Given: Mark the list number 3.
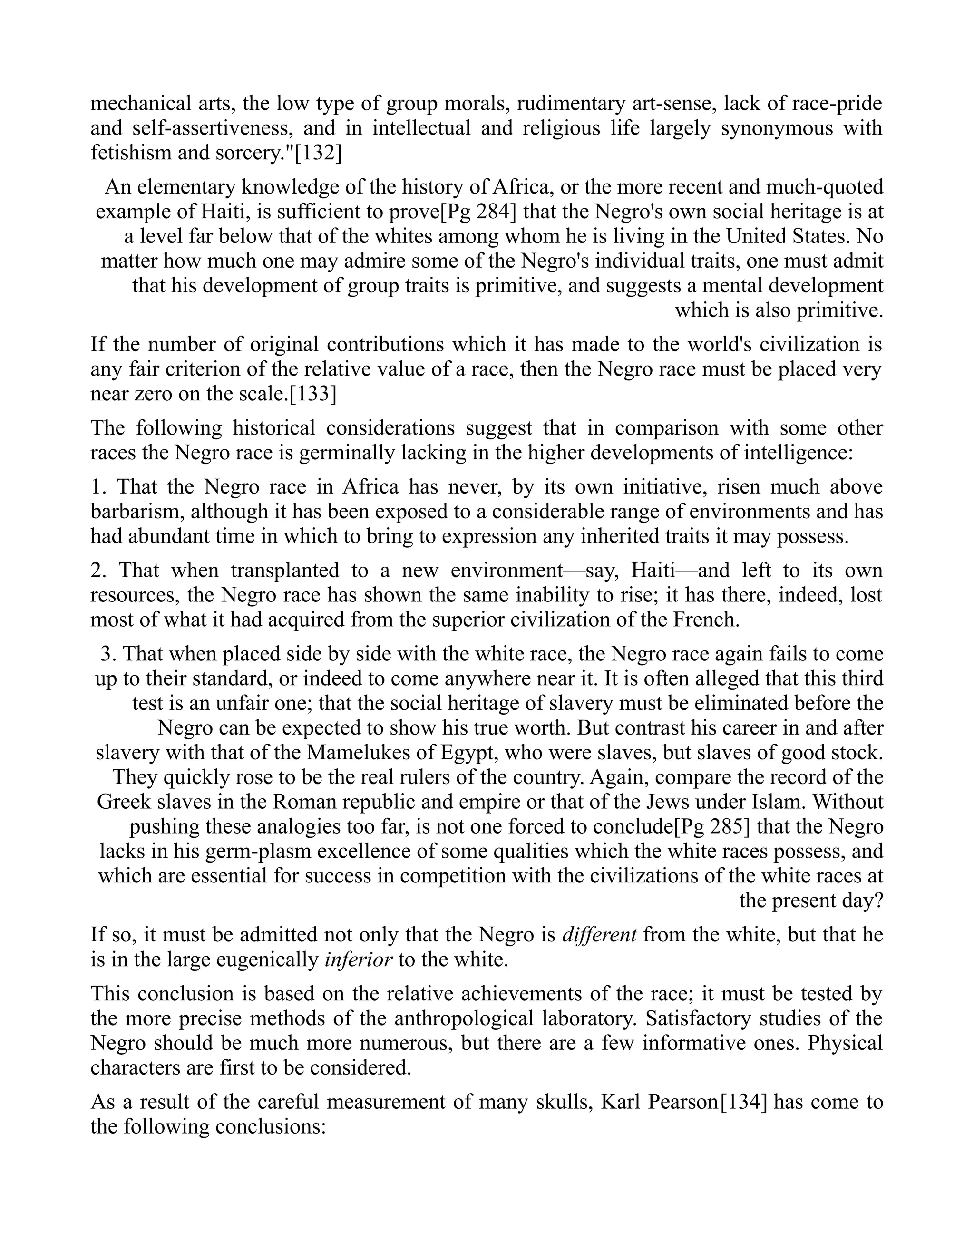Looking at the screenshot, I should (x=108, y=654).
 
